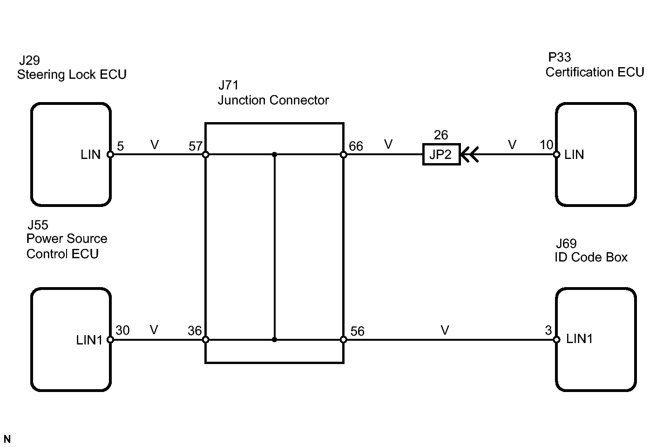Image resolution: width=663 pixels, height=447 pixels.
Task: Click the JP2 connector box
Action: tap(441, 154)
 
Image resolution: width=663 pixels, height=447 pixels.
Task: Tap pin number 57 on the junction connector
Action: tap(196, 146)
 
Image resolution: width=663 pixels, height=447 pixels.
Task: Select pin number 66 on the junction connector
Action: tap(356, 146)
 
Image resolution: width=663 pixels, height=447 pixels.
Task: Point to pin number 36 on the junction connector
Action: tap(195, 331)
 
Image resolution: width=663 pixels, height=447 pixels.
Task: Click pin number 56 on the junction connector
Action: tap(357, 331)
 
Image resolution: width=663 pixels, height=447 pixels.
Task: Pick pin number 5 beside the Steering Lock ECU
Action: tap(121, 146)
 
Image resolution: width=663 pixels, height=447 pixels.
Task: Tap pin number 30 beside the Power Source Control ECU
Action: tap(122, 330)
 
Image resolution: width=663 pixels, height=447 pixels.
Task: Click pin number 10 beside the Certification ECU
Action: tap(547, 145)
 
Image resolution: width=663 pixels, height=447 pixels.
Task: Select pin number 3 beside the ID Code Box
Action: tap(548, 330)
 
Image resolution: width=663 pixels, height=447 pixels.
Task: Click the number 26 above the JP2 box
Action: tap(441, 135)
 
